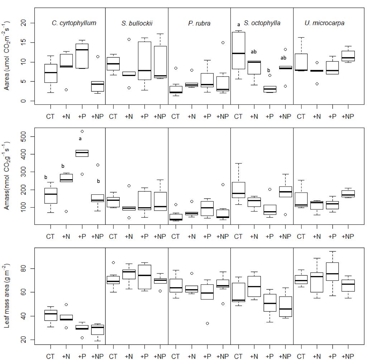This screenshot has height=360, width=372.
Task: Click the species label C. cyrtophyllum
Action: pos(74,23)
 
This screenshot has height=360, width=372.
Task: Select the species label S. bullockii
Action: pos(137,23)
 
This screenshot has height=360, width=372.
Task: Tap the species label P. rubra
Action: pos(199,23)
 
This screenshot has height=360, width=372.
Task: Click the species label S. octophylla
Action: pos(262,23)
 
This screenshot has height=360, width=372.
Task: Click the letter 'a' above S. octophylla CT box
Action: pos(238,25)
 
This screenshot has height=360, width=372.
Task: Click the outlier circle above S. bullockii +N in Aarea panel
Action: pos(129,39)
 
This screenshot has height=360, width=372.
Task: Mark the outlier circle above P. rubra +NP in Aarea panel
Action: pos(223,43)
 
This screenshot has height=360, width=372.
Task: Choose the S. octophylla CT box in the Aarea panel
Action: pos(238,50)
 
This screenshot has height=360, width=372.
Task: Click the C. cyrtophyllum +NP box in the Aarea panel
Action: pos(98,86)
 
